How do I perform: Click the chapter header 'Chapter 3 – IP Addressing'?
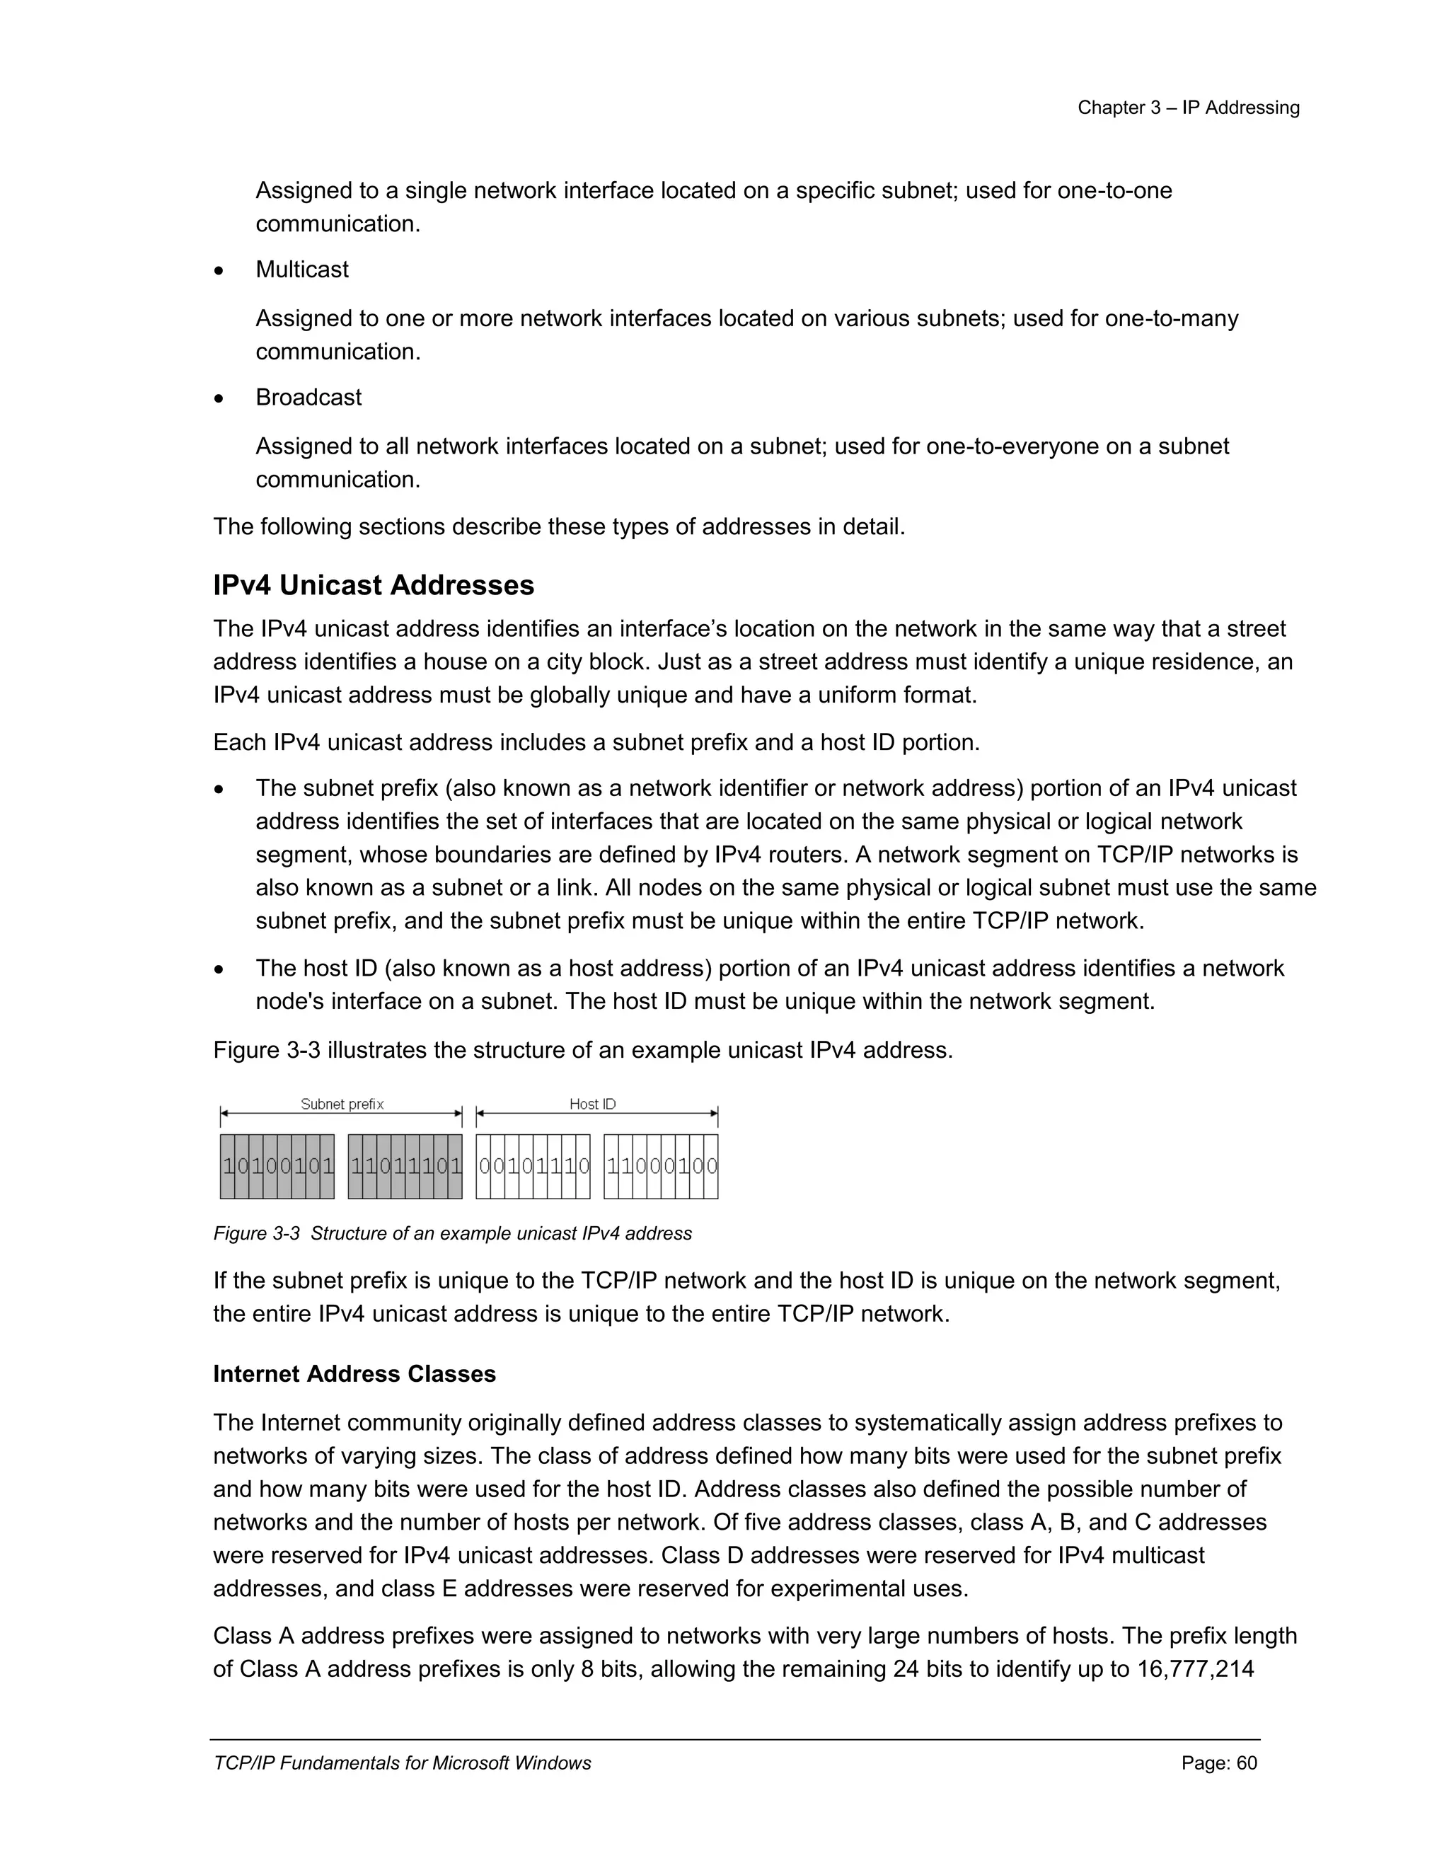(1188, 108)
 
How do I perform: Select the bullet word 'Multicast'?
(301, 270)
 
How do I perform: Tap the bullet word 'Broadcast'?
(308, 398)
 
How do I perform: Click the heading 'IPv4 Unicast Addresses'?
(374, 586)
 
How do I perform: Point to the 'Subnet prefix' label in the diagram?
(342, 1104)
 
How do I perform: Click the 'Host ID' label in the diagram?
(592, 1104)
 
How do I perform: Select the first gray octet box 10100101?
(277, 1166)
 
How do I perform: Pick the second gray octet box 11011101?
(405, 1166)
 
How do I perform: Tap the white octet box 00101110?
(533, 1166)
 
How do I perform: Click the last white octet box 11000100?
(661, 1166)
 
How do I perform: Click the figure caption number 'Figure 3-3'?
(256, 1234)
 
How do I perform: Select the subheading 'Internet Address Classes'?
(354, 1375)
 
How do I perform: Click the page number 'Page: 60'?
(1219, 1763)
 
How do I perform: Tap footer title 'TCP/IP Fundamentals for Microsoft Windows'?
(402, 1763)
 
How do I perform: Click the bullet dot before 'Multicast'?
(220, 271)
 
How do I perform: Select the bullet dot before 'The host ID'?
(220, 970)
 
